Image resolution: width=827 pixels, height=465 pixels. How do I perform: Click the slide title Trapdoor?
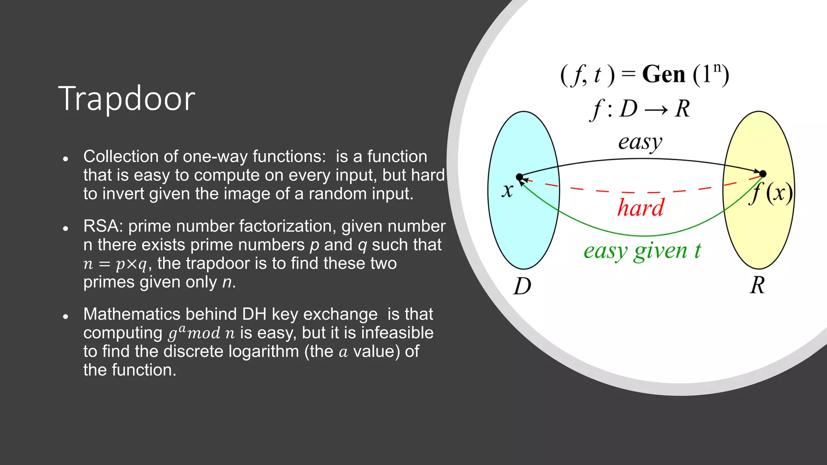[127, 99]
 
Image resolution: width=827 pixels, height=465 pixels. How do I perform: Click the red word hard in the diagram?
[640, 208]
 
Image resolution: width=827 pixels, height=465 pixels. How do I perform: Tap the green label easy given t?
[642, 251]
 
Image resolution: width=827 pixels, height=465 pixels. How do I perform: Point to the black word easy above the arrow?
[640, 142]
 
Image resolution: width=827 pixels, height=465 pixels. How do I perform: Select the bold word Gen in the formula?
[663, 75]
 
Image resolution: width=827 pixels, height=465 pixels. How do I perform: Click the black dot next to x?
[520, 177]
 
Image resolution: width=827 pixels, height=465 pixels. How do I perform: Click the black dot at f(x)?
[763, 174]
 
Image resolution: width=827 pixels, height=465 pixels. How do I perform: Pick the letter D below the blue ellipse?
[522, 287]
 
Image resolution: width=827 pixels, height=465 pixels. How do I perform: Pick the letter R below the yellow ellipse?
[758, 285]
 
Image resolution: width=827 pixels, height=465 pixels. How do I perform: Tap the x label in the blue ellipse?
[508, 190]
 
